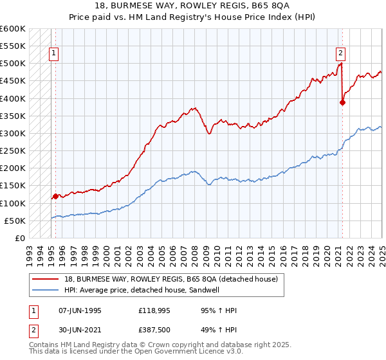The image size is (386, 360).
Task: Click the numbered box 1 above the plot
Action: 53,54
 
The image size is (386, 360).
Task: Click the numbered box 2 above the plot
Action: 340,54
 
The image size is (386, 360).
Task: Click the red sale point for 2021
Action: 343,102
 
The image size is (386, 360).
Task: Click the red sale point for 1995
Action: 55,196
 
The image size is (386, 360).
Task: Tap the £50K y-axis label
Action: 15,221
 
